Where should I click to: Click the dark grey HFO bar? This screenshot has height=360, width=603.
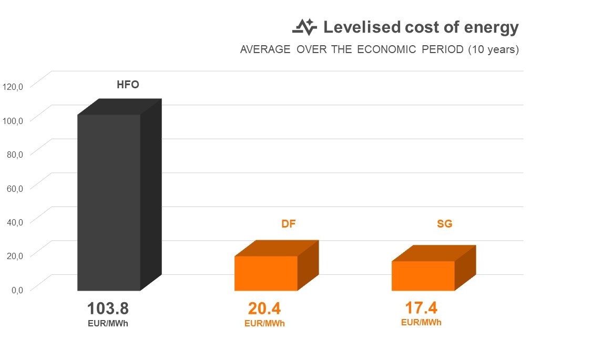pyautogui.click(x=109, y=202)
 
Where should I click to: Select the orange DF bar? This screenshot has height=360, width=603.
pyautogui.click(x=266, y=273)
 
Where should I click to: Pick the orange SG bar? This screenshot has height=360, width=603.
pyautogui.click(x=423, y=276)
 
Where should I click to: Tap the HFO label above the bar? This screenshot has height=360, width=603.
pyautogui.click(x=127, y=85)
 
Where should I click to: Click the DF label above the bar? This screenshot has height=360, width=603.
pyautogui.click(x=288, y=224)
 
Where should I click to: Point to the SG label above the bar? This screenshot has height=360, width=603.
pyautogui.click(x=445, y=224)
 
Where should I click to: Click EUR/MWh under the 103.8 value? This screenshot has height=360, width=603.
pyautogui.click(x=108, y=324)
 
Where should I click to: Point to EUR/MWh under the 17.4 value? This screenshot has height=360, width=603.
pyautogui.click(x=421, y=323)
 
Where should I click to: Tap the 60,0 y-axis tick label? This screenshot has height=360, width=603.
pyautogui.click(x=14, y=188)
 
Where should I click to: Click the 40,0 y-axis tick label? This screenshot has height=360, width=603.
pyautogui.click(x=14, y=221)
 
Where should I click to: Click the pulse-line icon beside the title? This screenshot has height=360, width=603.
pyautogui.click(x=305, y=27)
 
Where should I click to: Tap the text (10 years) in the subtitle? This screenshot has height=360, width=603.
pyautogui.click(x=493, y=50)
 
